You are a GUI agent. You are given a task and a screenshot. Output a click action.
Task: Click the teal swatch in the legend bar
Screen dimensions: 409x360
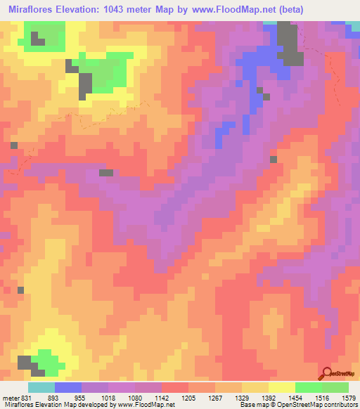click(x=41, y=387)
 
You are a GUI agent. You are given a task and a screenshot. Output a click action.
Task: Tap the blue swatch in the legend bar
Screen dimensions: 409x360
click(x=68, y=387)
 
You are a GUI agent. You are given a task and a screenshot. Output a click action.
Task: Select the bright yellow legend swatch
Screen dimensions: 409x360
click(x=282, y=387)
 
